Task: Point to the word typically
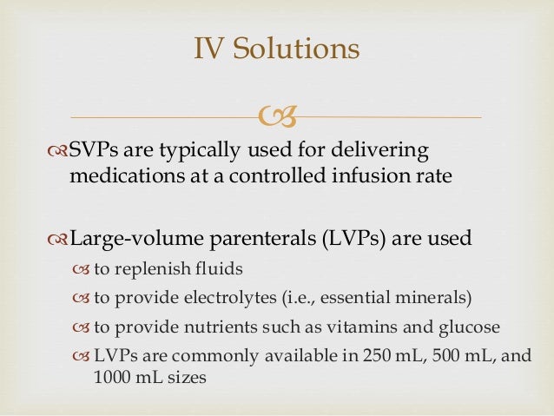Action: (177, 151)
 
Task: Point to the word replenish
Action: (144, 268)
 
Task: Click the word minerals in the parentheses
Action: (435, 299)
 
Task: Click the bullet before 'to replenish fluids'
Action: (81, 269)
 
